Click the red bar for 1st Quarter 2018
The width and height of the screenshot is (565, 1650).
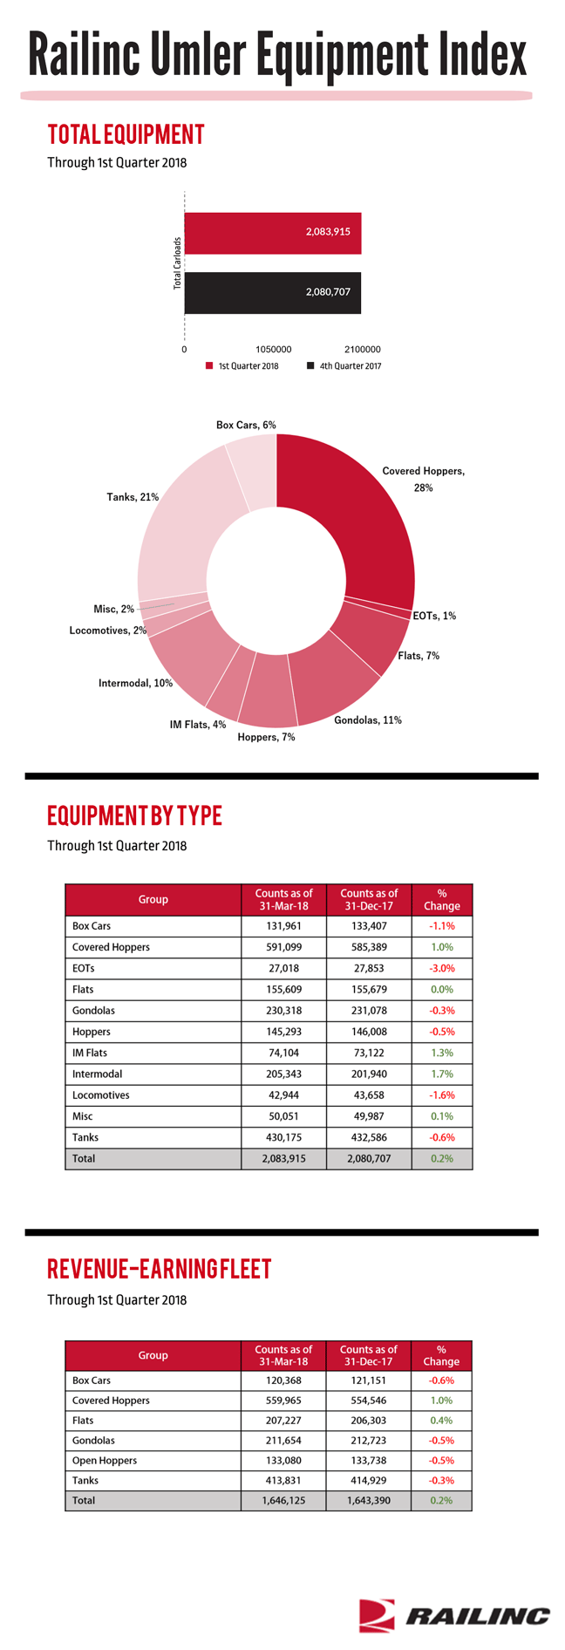coord(273,233)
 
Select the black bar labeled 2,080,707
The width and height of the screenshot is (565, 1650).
coord(273,293)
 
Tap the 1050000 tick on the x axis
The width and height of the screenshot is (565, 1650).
coord(273,350)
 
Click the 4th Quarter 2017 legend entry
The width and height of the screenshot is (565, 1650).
coord(344,366)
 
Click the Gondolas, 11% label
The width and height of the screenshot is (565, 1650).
coord(368,720)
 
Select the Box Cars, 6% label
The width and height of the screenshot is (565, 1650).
coord(246,425)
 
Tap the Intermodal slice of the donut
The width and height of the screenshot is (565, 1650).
coord(187,654)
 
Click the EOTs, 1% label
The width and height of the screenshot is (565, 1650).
coord(434,616)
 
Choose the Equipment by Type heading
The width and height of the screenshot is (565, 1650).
coord(135,815)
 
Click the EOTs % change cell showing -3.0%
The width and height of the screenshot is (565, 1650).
coord(442,968)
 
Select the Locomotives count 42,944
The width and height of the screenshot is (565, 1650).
coord(283,1095)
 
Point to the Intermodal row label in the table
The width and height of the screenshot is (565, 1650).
coord(98,1074)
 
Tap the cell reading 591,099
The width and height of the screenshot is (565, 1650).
coord(283,947)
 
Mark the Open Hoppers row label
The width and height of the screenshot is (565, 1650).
coord(105,1461)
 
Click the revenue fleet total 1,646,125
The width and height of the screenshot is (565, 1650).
coord(283,1501)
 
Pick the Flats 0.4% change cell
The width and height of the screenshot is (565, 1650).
coord(441,1421)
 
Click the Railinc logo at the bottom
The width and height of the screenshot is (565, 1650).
coord(454,1615)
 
